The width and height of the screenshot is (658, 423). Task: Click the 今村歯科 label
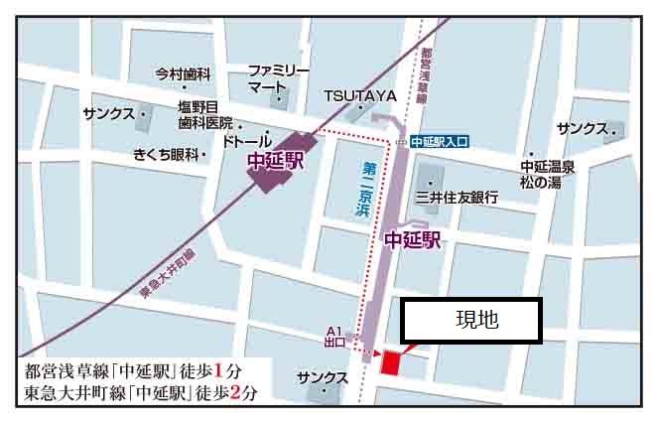tap(184, 74)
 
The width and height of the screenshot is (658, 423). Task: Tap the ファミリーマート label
tap(279, 79)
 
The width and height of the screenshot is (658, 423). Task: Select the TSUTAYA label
tap(359, 96)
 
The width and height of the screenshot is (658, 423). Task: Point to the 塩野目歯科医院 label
tap(204, 116)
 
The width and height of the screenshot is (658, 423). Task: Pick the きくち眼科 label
tap(167, 155)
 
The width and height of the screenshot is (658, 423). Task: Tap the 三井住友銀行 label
tap(456, 198)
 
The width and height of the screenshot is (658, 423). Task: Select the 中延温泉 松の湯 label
tap(548, 175)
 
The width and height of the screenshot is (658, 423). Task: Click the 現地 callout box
tap(471, 321)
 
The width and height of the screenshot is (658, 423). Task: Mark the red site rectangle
tap(390, 361)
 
